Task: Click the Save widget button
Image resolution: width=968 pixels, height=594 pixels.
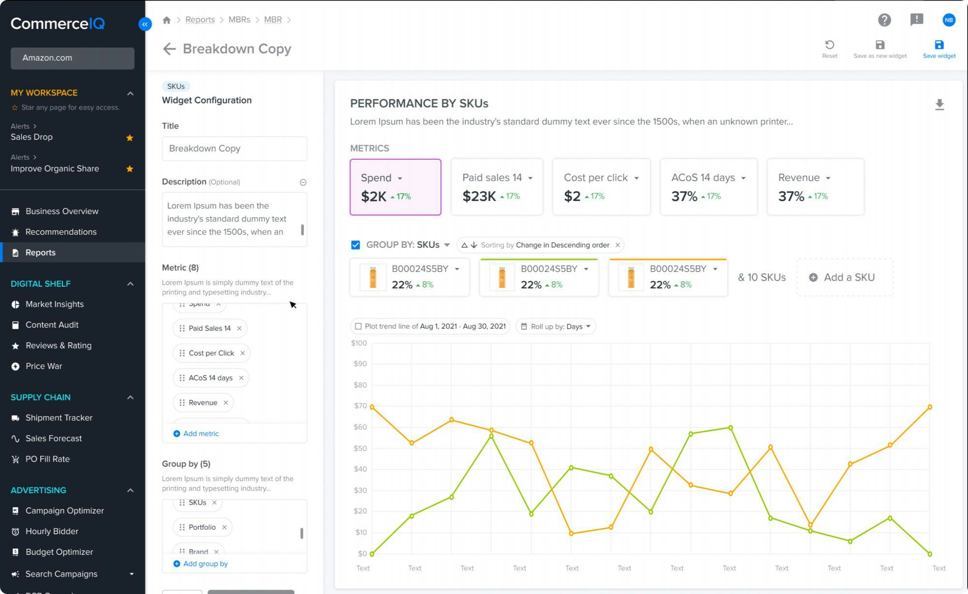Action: click(938, 49)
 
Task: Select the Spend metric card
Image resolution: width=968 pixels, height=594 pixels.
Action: click(395, 187)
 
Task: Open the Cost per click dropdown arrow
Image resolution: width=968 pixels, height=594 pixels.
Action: click(636, 178)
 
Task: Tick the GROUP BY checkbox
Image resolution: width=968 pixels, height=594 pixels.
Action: click(355, 245)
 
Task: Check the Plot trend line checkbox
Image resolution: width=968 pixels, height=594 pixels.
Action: click(358, 326)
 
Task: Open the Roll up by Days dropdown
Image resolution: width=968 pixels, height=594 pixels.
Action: click(556, 326)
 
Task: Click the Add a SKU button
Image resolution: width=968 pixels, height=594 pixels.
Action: click(844, 277)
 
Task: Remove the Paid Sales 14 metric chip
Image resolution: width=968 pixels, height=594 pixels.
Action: click(239, 328)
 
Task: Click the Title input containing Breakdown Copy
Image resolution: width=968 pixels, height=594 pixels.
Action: click(234, 149)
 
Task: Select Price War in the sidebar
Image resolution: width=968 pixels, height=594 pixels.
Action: click(44, 366)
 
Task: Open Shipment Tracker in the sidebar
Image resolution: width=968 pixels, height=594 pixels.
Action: click(59, 418)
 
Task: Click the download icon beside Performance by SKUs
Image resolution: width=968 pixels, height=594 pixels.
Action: click(939, 105)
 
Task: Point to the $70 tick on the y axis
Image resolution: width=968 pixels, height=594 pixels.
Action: click(360, 406)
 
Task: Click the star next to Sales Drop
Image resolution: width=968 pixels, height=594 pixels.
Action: click(130, 138)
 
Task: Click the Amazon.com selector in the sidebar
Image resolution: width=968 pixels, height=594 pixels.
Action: click(72, 58)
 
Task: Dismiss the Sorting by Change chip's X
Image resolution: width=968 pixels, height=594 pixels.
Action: click(618, 245)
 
